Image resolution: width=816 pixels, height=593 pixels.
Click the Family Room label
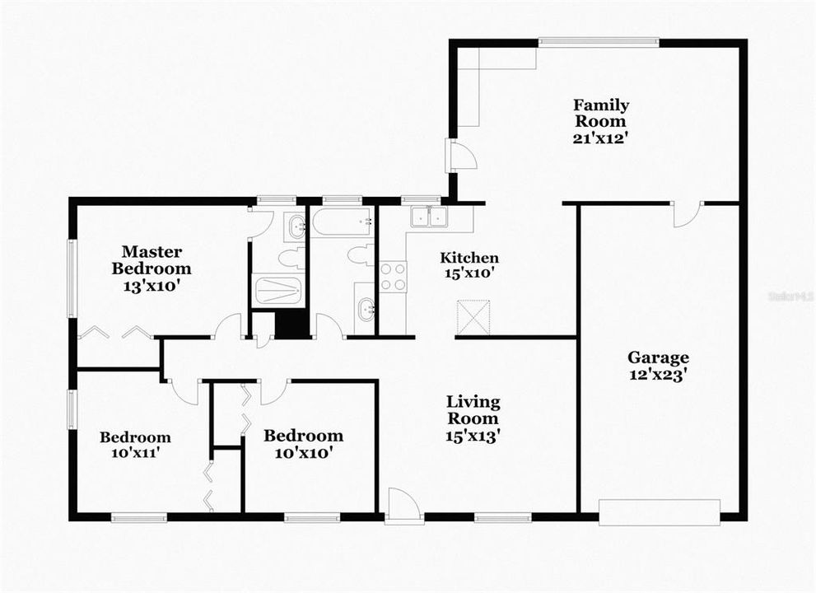point(601,114)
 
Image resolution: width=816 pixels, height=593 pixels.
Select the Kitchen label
point(468,258)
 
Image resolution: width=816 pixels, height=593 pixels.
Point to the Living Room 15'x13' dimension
point(473,434)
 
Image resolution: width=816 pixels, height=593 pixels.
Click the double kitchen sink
point(428,217)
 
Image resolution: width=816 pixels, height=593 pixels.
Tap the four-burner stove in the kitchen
point(393,276)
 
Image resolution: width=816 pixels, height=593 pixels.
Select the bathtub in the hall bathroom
point(342,222)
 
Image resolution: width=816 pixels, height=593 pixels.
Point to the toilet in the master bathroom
point(291,259)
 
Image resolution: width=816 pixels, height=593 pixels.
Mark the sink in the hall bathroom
point(366,310)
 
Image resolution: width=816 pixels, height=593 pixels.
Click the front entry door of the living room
point(403,504)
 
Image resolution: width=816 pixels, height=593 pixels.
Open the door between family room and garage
point(687,213)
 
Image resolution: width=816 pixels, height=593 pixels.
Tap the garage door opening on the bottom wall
point(659,511)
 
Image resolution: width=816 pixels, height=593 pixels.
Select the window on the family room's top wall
point(598,42)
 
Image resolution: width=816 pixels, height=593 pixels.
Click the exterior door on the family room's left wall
point(457,155)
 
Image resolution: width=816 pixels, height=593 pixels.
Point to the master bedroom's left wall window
point(72,278)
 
